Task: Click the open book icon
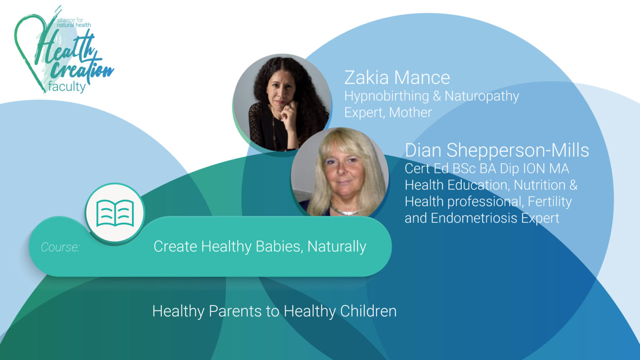coord(115,213)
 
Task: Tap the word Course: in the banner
coord(60,247)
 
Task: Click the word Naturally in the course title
coord(337,246)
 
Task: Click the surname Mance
coord(422,78)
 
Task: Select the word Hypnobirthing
coord(386,96)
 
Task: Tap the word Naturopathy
coord(482,96)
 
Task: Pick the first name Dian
coord(423,150)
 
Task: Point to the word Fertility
coord(550,202)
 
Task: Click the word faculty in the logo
coord(67,87)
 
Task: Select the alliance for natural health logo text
coord(73,22)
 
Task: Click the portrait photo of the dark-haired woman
coord(282,102)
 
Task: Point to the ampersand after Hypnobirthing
coord(437,96)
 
